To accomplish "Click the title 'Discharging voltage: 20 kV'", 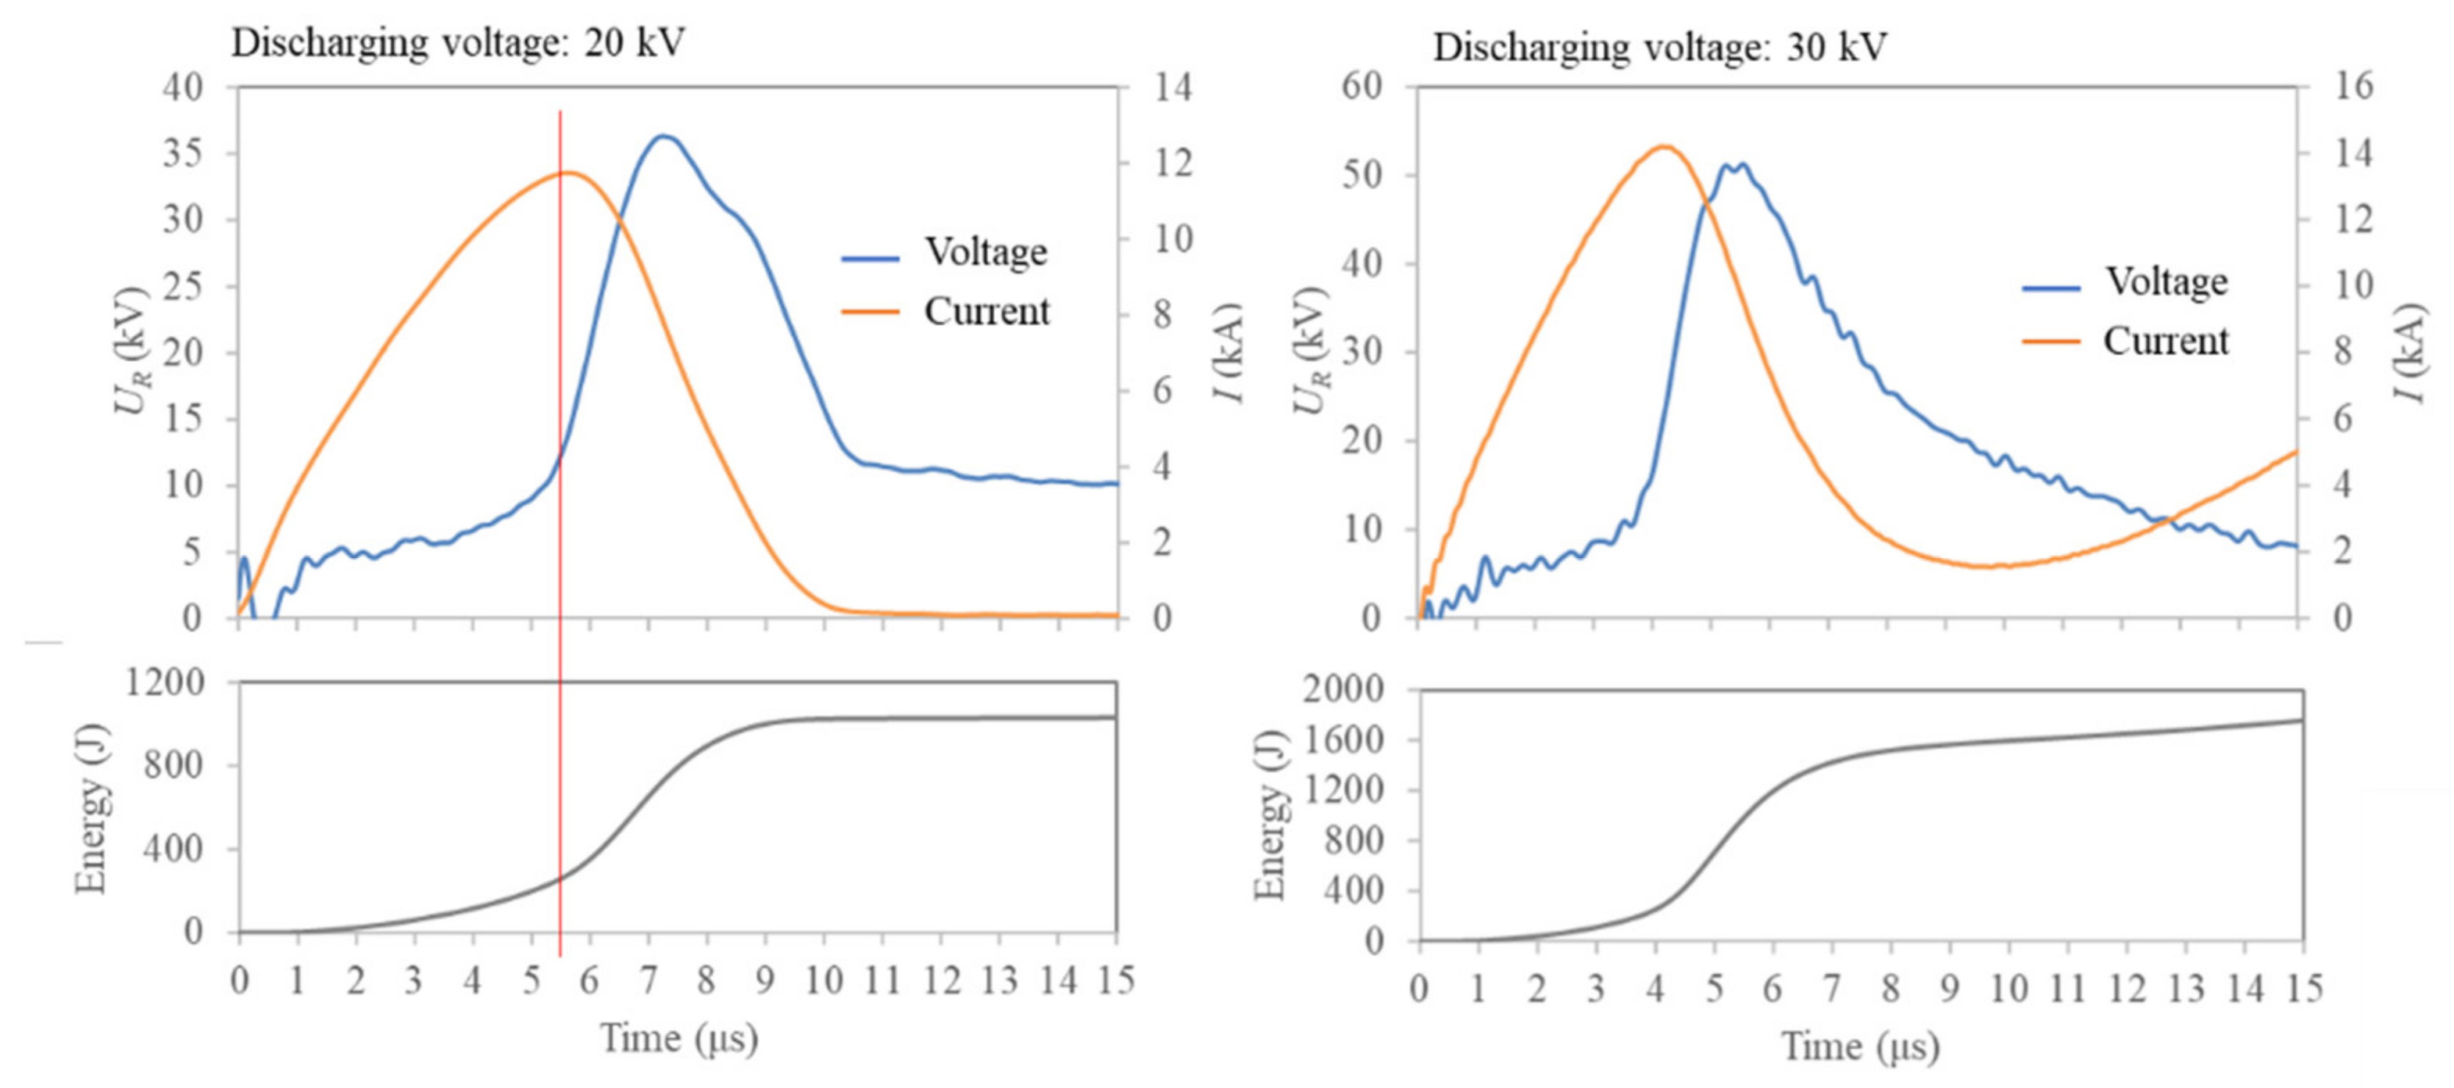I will [x=458, y=44].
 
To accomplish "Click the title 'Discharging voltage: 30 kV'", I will [x=1659, y=48].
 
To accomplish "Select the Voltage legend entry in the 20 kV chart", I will [x=985, y=252].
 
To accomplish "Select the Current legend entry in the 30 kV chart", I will [x=2164, y=341].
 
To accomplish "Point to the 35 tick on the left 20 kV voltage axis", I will [x=183, y=153].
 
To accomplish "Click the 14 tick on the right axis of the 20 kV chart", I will [x=1173, y=88].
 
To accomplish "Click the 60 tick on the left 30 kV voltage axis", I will [x=1361, y=87].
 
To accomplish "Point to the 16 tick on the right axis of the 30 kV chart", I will [x=2354, y=87].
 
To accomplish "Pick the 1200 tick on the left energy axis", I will [x=165, y=682].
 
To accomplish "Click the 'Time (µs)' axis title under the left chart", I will [x=678, y=1037].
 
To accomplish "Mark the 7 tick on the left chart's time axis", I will [x=649, y=979].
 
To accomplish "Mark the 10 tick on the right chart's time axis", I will [x=2009, y=988].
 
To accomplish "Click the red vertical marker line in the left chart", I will [x=560, y=534].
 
